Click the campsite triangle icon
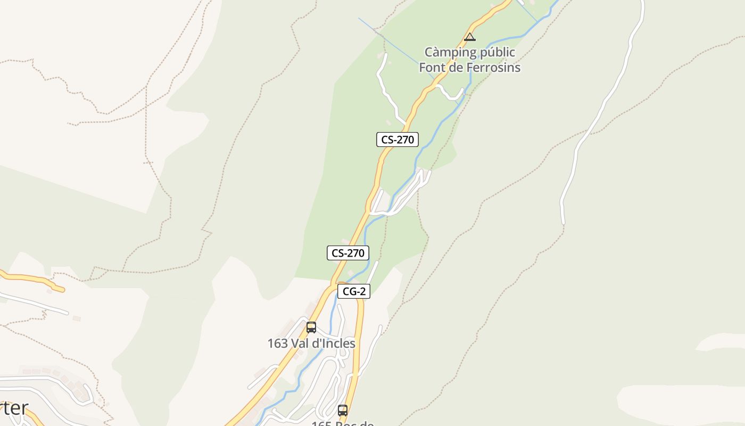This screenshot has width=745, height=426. [469, 37]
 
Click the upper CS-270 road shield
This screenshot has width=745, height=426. [397, 140]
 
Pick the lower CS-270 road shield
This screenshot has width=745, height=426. [347, 253]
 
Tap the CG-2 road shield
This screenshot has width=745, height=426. [353, 291]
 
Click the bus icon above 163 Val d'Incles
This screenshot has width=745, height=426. [311, 327]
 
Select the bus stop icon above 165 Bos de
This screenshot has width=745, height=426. [343, 411]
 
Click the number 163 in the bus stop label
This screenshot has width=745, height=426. [277, 343]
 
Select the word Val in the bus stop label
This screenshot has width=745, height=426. [300, 343]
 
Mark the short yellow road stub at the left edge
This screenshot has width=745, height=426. [32, 280]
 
